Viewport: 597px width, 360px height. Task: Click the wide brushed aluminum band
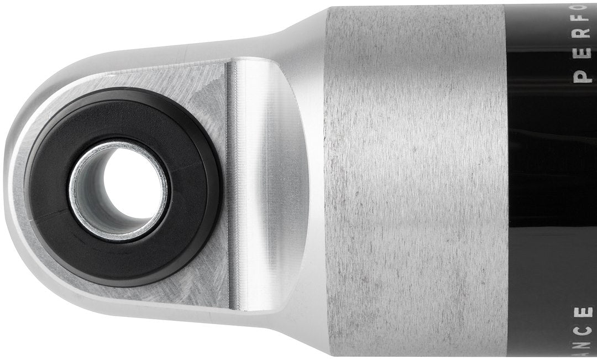(415, 182)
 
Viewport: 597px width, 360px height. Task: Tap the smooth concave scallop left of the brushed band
(276, 182)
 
